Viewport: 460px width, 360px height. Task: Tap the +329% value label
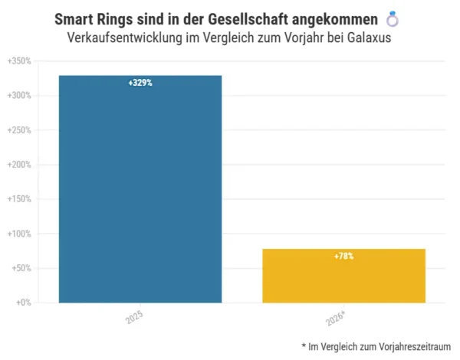[140, 83]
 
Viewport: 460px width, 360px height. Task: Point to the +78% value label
[343, 256]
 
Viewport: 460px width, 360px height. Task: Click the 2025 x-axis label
[135, 317]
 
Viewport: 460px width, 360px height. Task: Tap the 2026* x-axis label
[337, 318]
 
